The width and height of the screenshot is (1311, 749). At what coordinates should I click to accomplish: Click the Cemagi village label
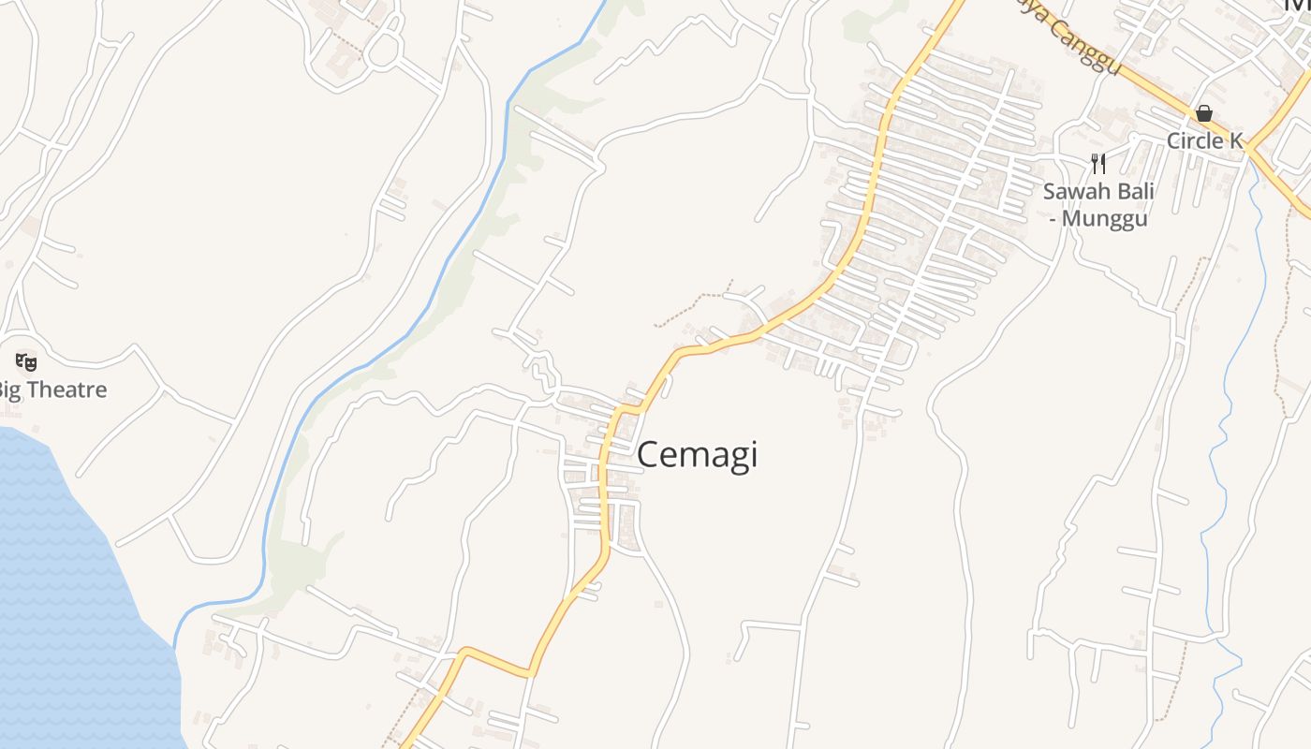pos(697,455)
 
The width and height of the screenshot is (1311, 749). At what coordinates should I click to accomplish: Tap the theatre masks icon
pos(26,360)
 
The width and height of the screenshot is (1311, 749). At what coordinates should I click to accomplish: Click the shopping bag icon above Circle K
pos(1204,113)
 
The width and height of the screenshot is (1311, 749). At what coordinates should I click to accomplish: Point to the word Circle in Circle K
pos(1192,140)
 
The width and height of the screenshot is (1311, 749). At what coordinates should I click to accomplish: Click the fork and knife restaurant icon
pos(1098,164)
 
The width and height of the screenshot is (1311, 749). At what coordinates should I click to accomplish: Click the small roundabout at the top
pos(383,51)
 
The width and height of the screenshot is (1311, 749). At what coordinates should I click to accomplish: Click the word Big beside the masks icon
pos(9,389)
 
